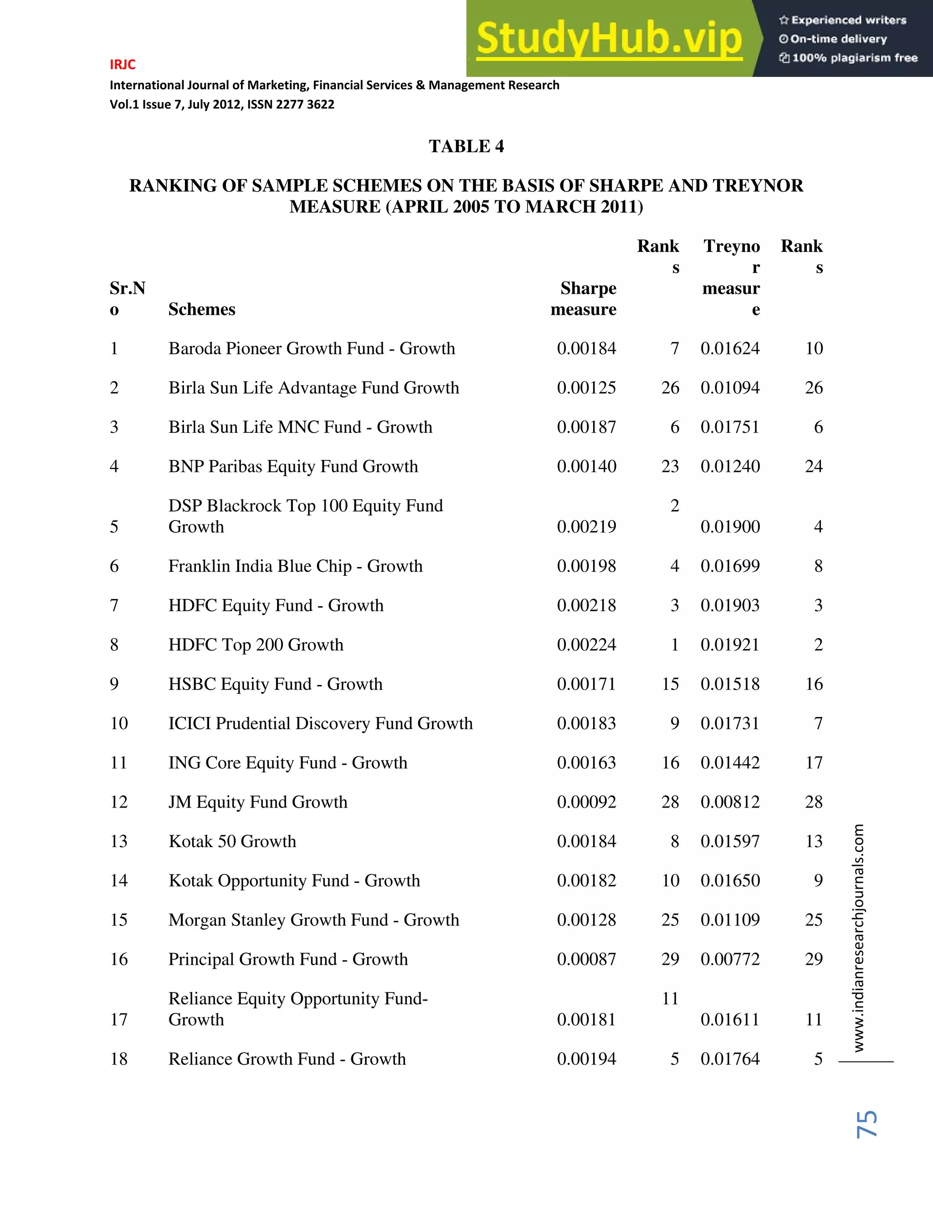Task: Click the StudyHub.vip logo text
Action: pyautogui.click(x=609, y=39)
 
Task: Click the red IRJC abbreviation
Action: pyautogui.click(x=123, y=65)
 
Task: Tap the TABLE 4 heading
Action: pyautogui.click(x=466, y=147)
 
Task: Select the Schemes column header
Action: pyautogui.click(x=202, y=309)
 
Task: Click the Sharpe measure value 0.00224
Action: pyautogui.click(x=586, y=645)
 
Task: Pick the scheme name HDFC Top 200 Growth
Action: pyautogui.click(x=256, y=645)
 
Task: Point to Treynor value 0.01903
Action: pyautogui.click(x=730, y=606)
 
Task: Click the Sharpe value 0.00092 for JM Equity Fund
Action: pyautogui.click(x=586, y=802)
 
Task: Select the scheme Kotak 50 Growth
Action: pyautogui.click(x=232, y=841)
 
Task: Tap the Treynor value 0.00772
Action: pyautogui.click(x=730, y=959)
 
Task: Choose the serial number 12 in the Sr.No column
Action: pyautogui.click(x=119, y=802)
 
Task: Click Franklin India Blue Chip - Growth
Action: pyautogui.click(x=295, y=567)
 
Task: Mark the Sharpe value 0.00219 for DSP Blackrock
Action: pyautogui.click(x=586, y=527)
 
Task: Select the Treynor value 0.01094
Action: pyautogui.click(x=730, y=388)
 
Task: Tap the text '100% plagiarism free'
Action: pyautogui.click(x=855, y=58)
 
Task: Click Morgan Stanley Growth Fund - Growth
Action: pyautogui.click(x=313, y=920)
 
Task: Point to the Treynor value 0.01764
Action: pyautogui.click(x=730, y=1059)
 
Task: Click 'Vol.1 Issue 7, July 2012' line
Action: pyautogui.click(x=222, y=104)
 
